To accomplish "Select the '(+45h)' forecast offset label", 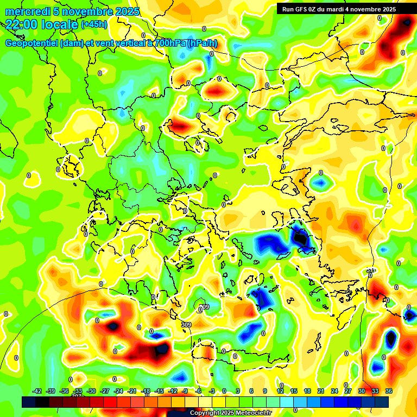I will (94, 24).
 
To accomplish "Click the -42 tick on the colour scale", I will (37, 391).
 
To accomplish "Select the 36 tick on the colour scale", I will (389, 391).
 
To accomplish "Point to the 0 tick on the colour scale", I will (224, 391).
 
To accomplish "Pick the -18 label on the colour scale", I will (146, 391).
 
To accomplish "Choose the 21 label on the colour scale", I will (321, 391).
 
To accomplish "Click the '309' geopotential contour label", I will (186, 325).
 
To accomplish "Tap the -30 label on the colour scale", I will (91, 391).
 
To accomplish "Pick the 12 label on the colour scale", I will (280, 391).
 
